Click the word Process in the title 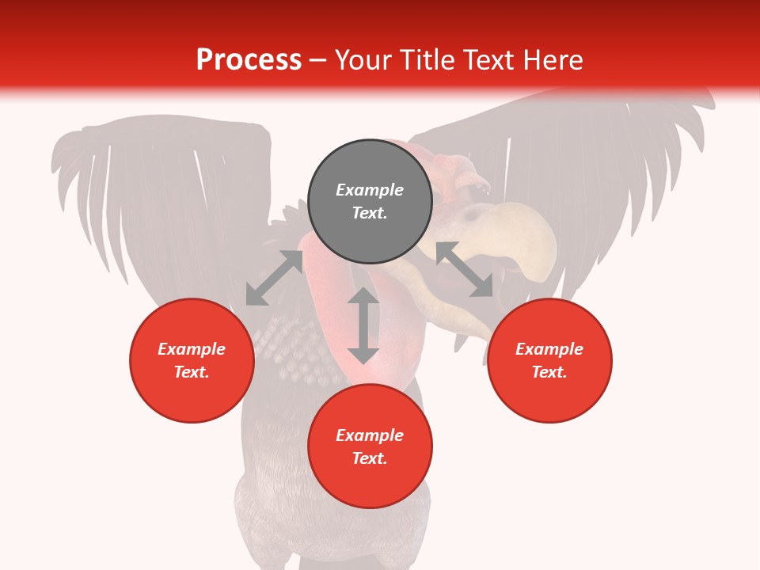pyautogui.click(x=249, y=60)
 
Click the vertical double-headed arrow pyautogui.click(x=363, y=325)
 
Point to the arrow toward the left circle pyautogui.click(x=274, y=278)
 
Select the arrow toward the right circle pyautogui.click(x=465, y=269)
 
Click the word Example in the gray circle pyautogui.click(x=370, y=190)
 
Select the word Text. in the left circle pyautogui.click(x=192, y=372)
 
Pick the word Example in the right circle pyautogui.click(x=549, y=349)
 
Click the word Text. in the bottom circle pyautogui.click(x=370, y=458)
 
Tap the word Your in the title pyautogui.click(x=363, y=60)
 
